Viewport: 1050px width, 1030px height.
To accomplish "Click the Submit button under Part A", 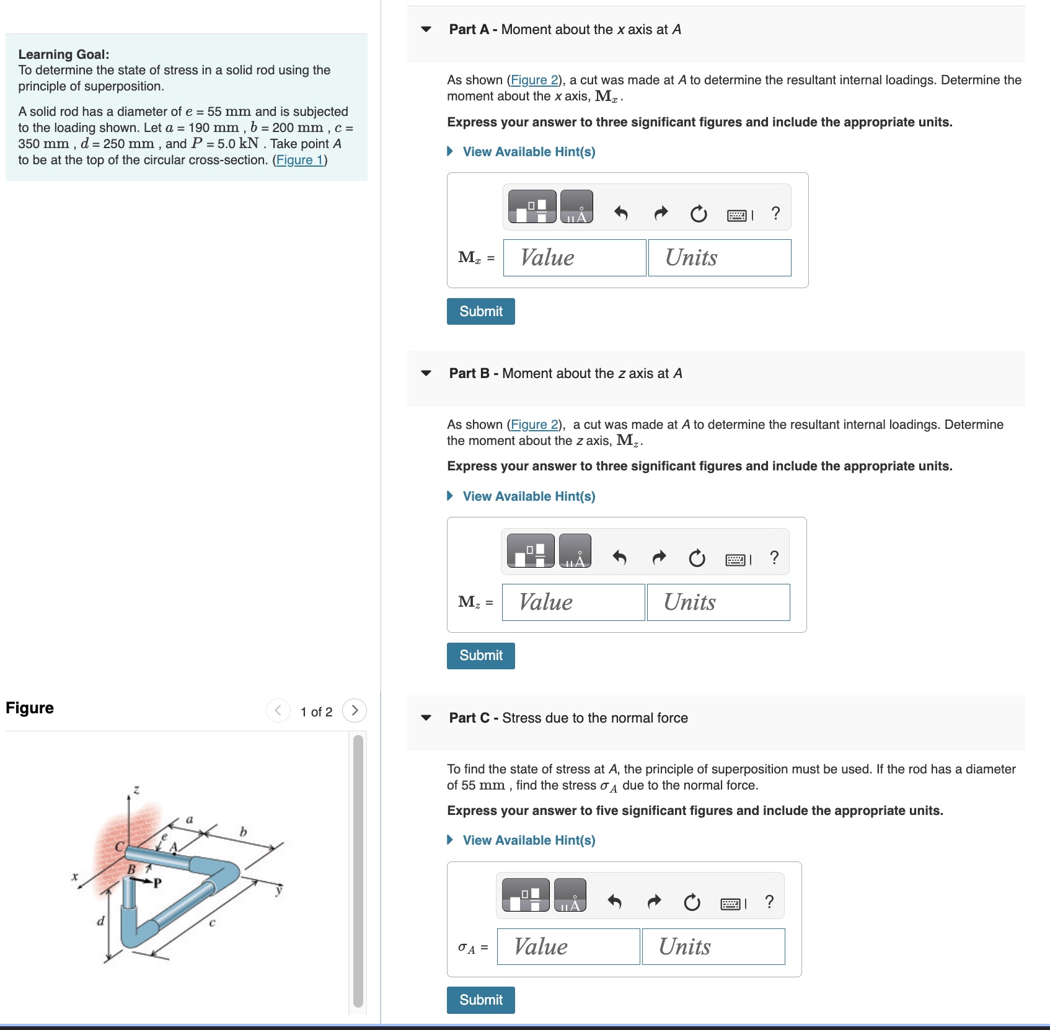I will coord(480,311).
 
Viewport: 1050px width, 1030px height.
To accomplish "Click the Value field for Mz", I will coord(573,602).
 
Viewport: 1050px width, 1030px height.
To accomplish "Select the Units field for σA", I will coord(713,946).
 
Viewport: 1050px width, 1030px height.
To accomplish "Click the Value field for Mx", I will coord(574,258).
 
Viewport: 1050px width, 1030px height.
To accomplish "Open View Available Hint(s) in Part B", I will coord(528,496).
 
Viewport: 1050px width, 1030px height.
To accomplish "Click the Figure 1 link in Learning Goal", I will coord(300,160).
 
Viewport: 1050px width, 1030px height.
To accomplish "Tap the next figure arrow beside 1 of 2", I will coord(355,710).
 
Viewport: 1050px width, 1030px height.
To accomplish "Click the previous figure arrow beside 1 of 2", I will coord(278,710).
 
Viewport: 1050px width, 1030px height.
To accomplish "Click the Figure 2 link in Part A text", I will coord(534,80).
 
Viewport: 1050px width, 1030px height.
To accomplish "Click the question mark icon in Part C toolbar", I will coord(769,902).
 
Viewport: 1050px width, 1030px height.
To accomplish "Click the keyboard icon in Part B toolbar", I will coord(736,560).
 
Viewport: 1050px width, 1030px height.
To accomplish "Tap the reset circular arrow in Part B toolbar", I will coord(697,558).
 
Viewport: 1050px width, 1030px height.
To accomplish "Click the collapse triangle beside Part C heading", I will coord(426,718).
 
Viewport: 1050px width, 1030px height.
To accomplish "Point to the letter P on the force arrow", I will coord(157,883).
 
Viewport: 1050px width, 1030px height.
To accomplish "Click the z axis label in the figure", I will coord(136,790).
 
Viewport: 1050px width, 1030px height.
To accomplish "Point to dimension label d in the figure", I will coord(100,921).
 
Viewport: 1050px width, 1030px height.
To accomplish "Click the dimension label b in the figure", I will coord(243,832).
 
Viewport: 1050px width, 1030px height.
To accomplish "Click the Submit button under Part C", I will coord(480,1000).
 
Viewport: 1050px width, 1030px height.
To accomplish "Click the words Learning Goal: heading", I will coord(64,55).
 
